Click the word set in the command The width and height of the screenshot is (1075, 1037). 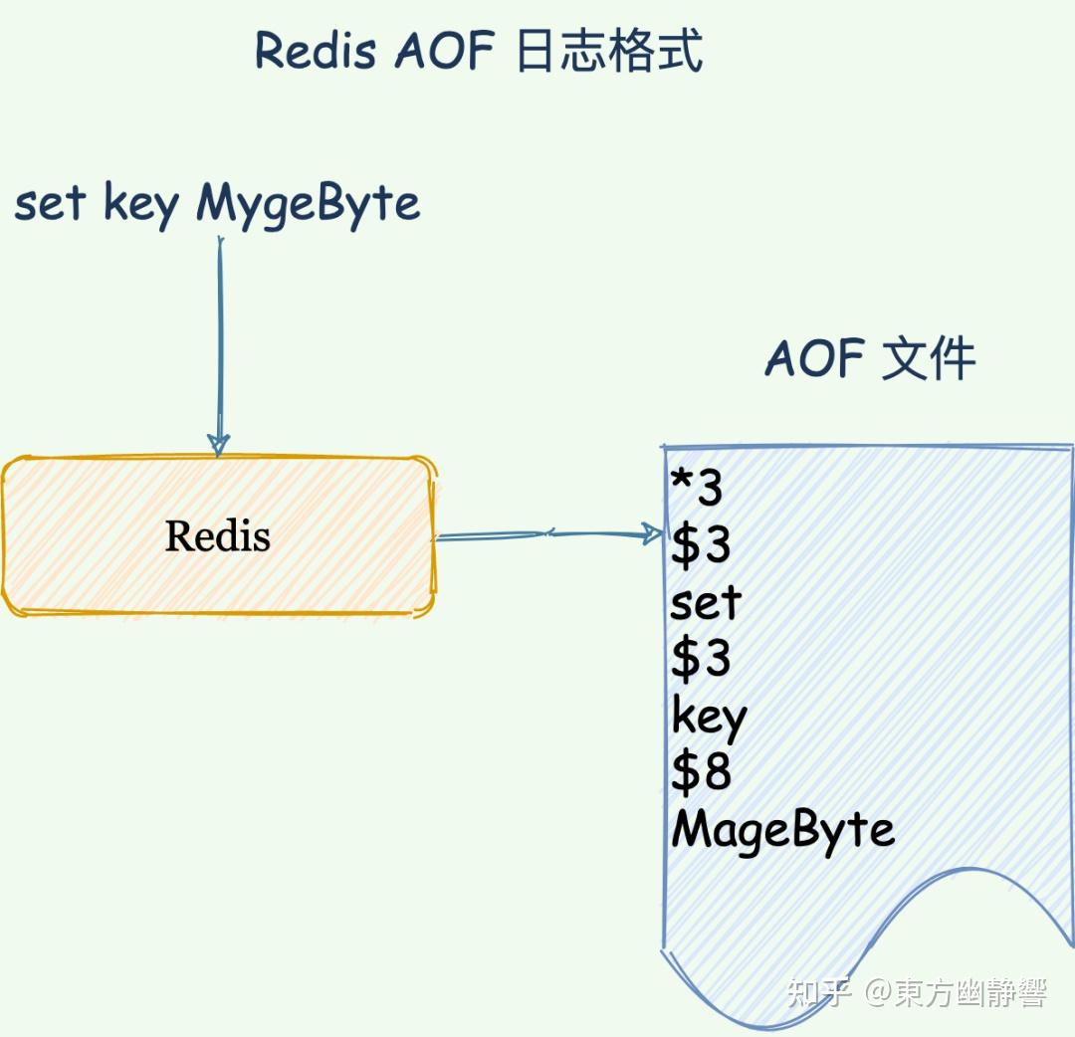[x=50, y=204]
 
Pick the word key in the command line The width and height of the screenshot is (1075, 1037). [x=140, y=206]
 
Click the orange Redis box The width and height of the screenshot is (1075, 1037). [x=218, y=536]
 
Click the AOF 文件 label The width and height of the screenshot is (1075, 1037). [x=870, y=358]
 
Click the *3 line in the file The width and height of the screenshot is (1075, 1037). [x=697, y=489]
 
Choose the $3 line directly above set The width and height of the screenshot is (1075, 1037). [x=701, y=545]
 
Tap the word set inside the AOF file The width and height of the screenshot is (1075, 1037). [x=706, y=603]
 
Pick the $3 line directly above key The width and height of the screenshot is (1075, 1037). [x=701, y=659]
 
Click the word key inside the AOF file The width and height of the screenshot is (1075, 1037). [x=709, y=717]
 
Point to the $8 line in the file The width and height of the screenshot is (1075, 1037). [x=701, y=772]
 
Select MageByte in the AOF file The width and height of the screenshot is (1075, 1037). [x=783, y=830]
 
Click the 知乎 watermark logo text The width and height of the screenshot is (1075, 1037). [x=818, y=992]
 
